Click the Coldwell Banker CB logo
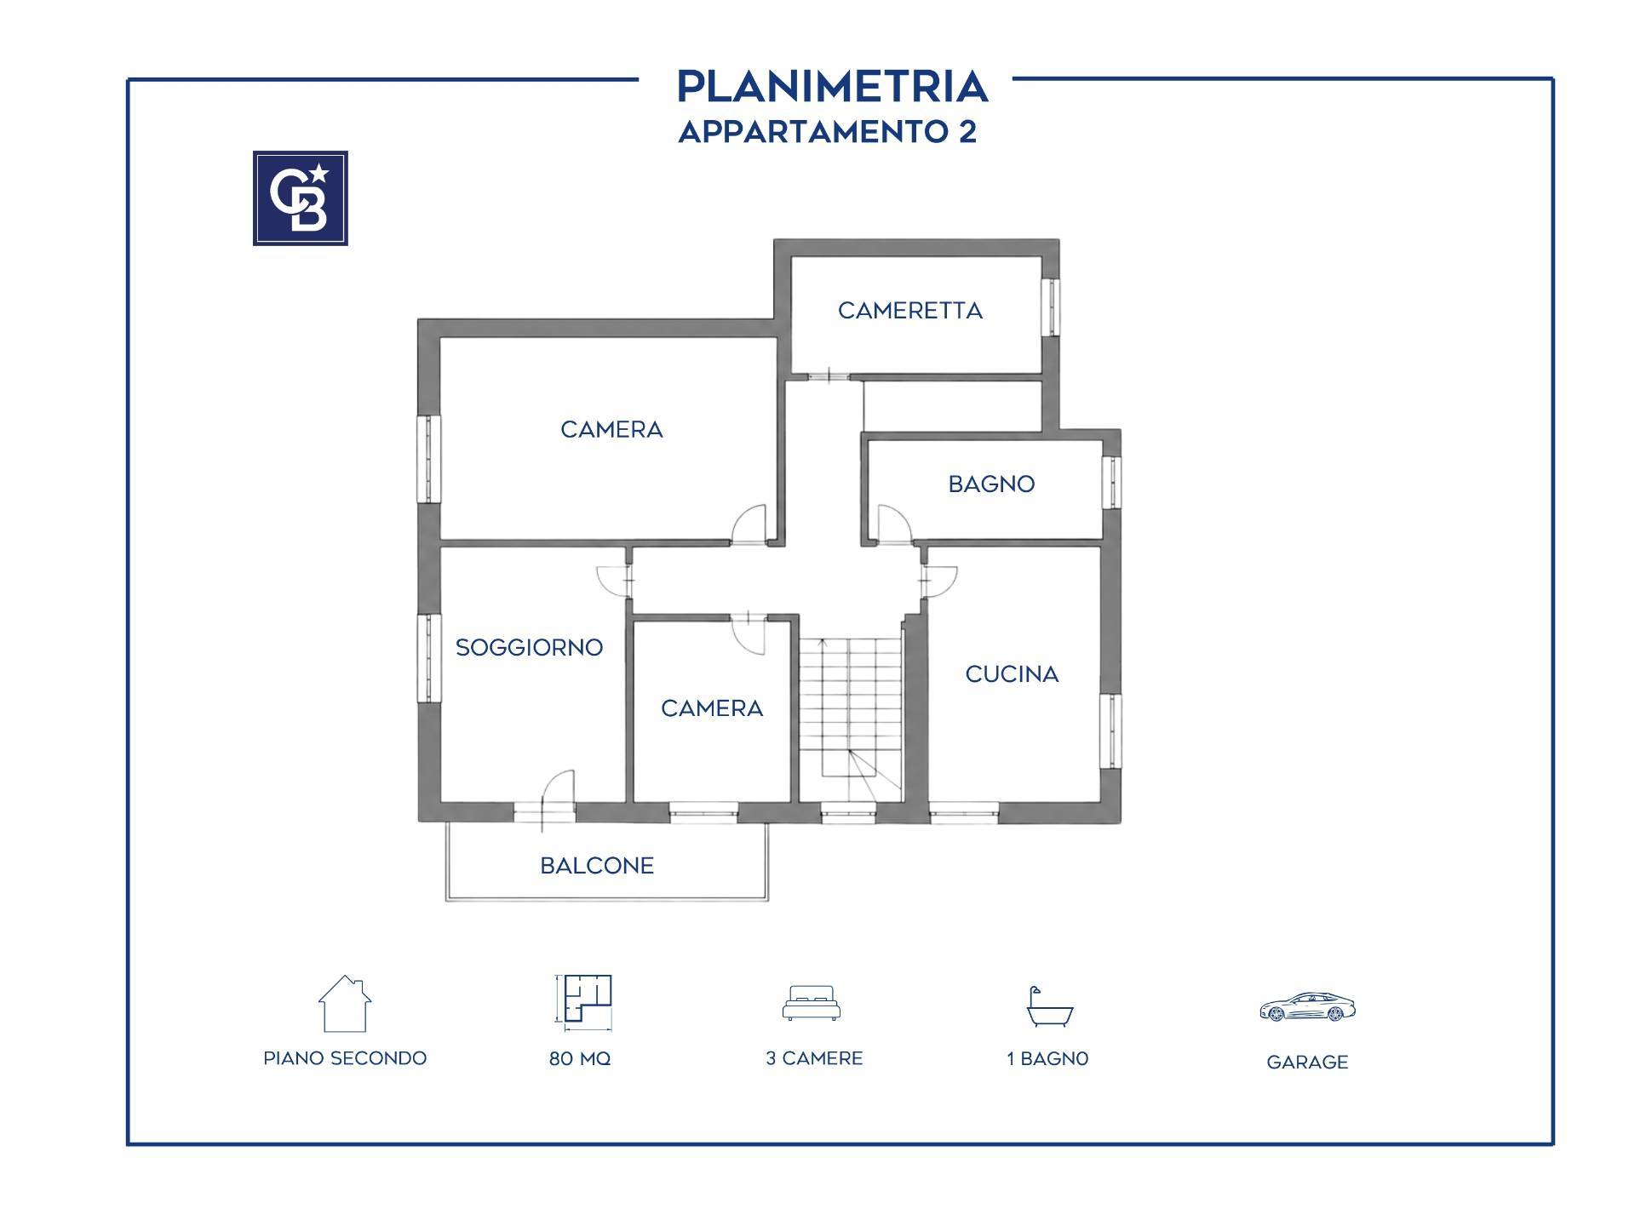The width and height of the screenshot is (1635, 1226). [x=300, y=198]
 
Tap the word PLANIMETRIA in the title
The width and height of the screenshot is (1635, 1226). [x=832, y=87]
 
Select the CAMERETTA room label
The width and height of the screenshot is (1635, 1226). [x=910, y=311]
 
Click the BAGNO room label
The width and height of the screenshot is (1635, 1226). [x=991, y=484]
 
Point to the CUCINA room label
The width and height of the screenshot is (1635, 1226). [x=1012, y=674]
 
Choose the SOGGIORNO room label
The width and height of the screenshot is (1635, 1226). [x=529, y=648]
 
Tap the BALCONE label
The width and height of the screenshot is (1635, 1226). [x=597, y=866]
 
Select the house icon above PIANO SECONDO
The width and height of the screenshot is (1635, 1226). [x=344, y=1003]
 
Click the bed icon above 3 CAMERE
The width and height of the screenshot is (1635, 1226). [x=812, y=1003]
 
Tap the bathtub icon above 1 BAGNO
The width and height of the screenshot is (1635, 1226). [x=1049, y=1006]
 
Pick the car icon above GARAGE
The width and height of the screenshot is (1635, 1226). [x=1307, y=1007]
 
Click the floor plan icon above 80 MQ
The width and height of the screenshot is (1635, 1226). [x=583, y=1000]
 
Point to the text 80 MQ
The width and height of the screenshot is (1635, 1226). [x=580, y=1059]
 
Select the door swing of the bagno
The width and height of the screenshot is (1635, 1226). [x=894, y=524]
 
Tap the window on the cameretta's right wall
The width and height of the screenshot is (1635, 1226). [x=1053, y=306]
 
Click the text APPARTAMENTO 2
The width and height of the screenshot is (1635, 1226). [x=828, y=132]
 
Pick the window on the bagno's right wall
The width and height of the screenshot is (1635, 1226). [x=1111, y=483]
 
